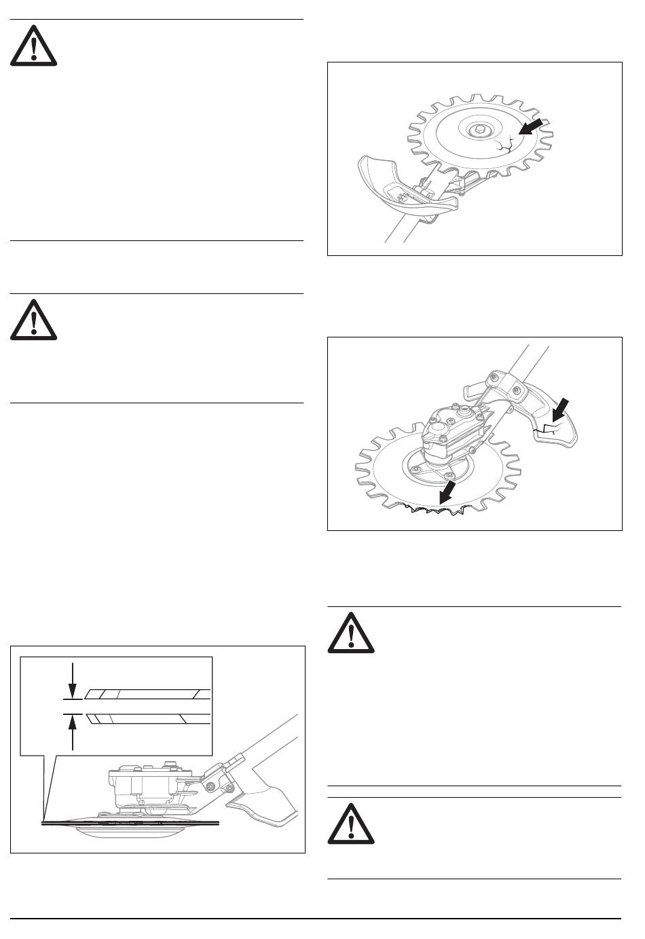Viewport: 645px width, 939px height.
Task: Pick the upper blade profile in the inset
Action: tap(146, 694)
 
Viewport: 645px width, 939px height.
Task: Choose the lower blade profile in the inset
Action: tap(146, 718)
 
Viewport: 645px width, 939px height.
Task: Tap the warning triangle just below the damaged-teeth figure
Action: tap(350, 635)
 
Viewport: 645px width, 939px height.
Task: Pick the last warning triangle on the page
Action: tap(350, 824)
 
